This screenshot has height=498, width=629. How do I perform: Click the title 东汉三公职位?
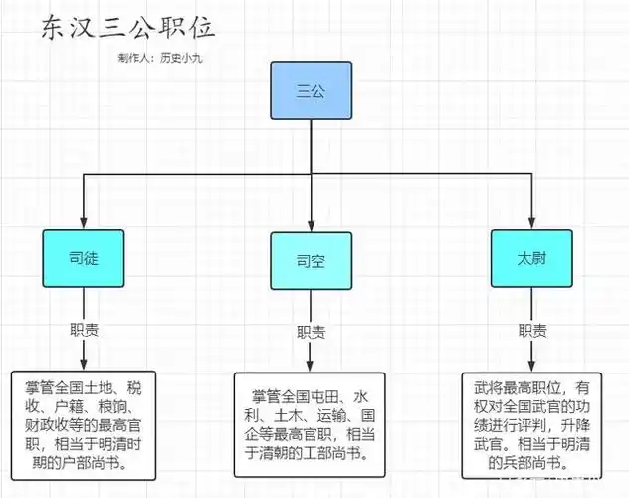point(127,29)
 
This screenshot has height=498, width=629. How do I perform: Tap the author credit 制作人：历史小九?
point(159,58)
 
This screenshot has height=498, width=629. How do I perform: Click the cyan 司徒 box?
point(84,257)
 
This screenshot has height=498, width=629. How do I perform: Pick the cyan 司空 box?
point(311,261)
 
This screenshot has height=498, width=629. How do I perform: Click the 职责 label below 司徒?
point(84,330)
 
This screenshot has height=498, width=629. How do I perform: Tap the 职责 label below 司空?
point(311,333)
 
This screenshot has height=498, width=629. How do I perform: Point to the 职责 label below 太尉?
point(531,330)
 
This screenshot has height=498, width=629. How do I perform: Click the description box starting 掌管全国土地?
point(85,423)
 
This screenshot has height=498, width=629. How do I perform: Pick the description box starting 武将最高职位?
point(532,423)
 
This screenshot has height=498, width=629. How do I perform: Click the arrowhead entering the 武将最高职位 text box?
point(531,367)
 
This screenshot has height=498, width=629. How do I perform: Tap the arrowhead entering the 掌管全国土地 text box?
point(84,366)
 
